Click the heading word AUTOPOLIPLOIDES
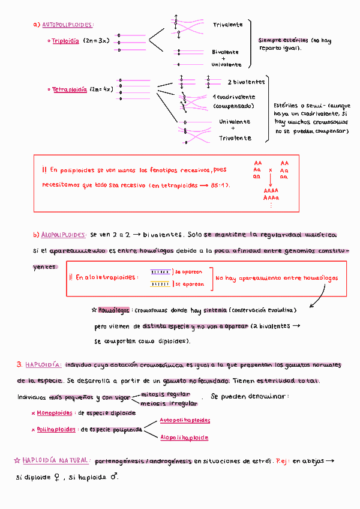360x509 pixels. click(67, 25)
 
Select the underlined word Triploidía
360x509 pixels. click(65, 41)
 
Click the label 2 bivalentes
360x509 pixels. click(246, 82)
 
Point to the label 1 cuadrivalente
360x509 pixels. click(233, 97)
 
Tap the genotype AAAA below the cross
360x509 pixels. click(271, 190)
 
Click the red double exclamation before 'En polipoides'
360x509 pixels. click(44, 170)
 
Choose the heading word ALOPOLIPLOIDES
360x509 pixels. click(63, 235)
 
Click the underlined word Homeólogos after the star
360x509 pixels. click(113, 310)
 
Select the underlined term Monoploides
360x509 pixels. click(55, 414)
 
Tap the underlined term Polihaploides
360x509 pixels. click(56, 430)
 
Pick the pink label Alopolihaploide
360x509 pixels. click(184, 438)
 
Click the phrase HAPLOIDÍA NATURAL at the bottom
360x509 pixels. click(56, 461)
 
